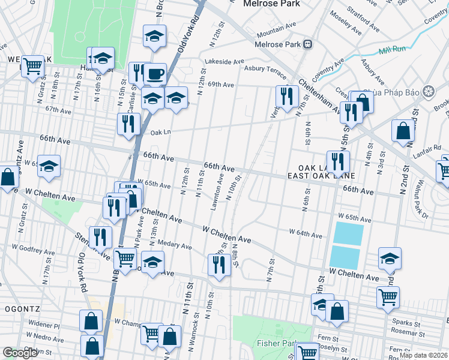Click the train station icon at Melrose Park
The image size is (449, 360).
click(307, 44)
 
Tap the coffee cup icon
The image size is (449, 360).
click(155, 74)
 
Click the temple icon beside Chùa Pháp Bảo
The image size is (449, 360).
click(428, 91)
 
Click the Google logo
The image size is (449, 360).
click(20, 353)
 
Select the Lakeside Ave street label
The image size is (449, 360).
click(224, 61)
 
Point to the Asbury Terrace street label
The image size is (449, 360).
click(265, 70)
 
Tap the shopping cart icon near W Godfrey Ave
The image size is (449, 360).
click(125, 258)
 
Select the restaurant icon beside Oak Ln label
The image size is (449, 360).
click(128, 123)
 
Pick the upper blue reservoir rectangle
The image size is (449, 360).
click(348, 233)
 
